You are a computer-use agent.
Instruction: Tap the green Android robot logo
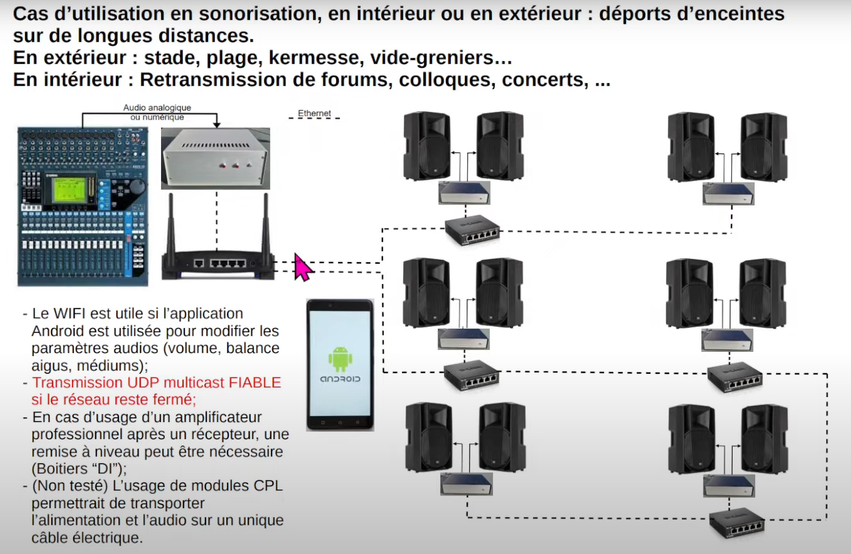coord(340,359)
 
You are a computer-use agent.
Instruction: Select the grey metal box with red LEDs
coord(215,158)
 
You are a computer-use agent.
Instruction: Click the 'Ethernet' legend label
coord(314,114)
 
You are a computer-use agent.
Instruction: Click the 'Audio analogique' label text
coord(157,108)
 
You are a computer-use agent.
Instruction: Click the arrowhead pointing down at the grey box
coord(217,125)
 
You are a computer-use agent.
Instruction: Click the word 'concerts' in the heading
coord(545,80)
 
